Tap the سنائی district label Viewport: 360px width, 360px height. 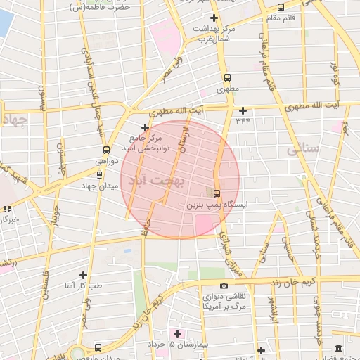pyautogui.click(x=304, y=150)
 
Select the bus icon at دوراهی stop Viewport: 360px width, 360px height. pyautogui.click(x=106, y=150)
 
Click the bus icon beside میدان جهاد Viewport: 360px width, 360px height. pyautogui.click(x=99, y=174)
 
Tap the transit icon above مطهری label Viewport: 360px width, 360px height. pyautogui.click(x=226, y=78)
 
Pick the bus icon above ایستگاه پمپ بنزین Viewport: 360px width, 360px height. pyautogui.click(x=216, y=193)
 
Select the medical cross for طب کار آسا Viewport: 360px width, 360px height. pyautogui.click(x=83, y=275)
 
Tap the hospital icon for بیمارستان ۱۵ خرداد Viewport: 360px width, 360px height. pyautogui.click(x=176, y=333)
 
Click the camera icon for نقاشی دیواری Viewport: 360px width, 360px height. pyautogui.click(x=224, y=285)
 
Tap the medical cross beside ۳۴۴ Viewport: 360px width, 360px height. pyautogui.click(x=243, y=110)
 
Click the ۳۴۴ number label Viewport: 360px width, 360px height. pyautogui.click(x=243, y=120)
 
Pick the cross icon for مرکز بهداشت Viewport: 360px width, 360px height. pyautogui.click(x=214, y=17)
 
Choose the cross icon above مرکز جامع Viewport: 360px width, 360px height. pyautogui.click(x=145, y=127)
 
